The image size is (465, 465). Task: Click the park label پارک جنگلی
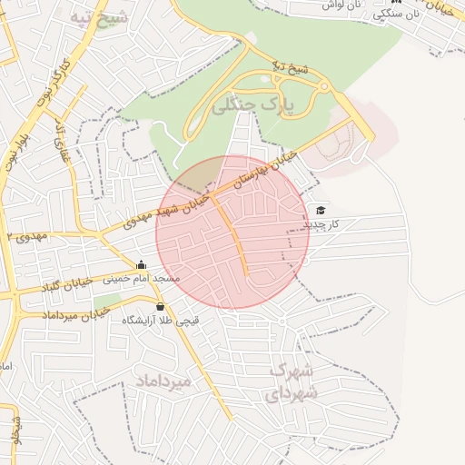point(255,106)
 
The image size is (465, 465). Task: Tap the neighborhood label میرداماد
point(164,381)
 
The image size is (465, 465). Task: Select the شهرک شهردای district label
point(292,381)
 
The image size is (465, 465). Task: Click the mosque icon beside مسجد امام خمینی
point(141,265)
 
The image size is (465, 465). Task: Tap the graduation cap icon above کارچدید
point(321,210)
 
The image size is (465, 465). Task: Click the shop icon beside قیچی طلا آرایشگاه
point(161,306)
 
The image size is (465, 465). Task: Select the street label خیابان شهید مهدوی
point(173,210)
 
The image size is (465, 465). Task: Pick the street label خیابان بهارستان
point(266,169)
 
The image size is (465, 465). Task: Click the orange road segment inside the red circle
point(234,238)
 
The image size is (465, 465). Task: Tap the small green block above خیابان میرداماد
point(107,300)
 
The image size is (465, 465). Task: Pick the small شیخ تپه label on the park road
point(292,67)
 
